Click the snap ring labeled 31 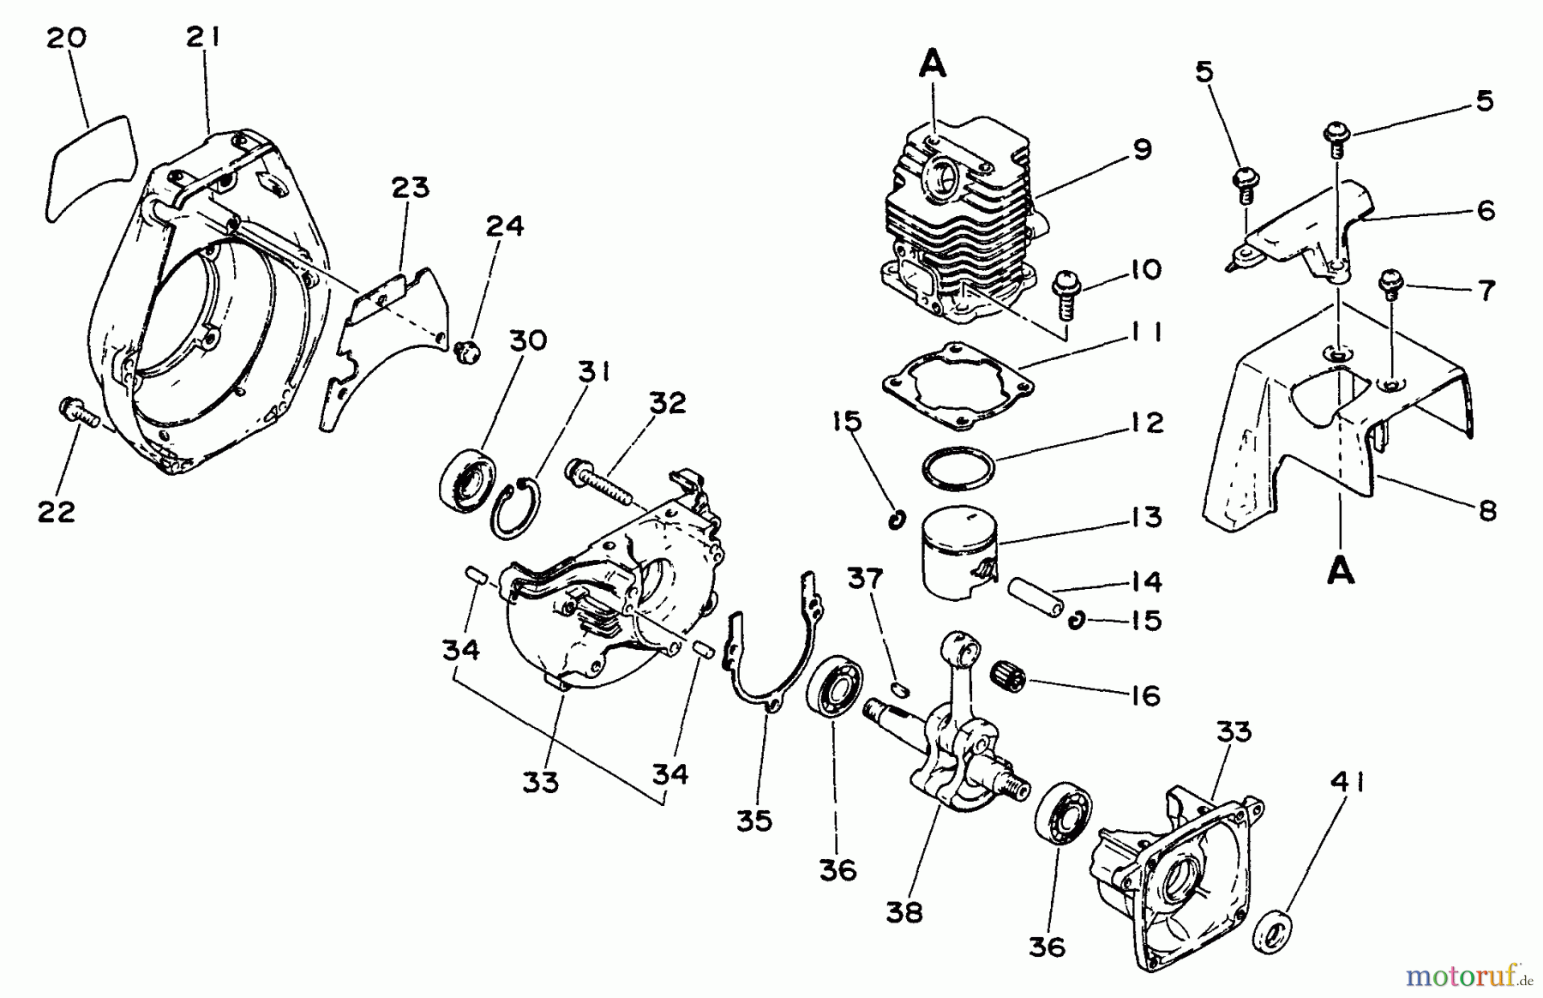click(515, 509)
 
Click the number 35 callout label click(754, 820)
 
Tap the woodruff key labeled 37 click(899, 688)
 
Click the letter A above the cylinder click(934, 64)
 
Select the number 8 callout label click(1487, 511)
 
